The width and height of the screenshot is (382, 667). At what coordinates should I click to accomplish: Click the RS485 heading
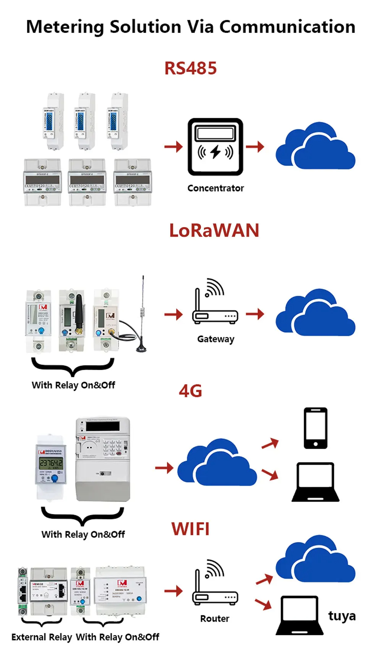[190, 68]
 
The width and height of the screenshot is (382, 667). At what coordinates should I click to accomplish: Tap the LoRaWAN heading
[214, 231]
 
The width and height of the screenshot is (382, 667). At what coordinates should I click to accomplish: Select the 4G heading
[190, 391]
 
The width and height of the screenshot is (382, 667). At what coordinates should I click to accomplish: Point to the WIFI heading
[190, 529]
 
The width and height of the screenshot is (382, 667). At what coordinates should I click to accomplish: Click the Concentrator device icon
[215, 147]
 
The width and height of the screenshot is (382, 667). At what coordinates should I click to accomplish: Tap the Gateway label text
[215, 339]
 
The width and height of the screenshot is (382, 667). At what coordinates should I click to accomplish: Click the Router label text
[215, 619]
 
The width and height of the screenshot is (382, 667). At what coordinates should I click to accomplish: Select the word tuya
[342, 616]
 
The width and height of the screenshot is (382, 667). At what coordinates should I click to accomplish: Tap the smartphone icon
[316, 428]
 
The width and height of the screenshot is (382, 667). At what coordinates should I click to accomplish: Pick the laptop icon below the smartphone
[316, 482]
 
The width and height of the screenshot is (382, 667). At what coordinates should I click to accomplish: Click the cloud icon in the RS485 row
[316, 146]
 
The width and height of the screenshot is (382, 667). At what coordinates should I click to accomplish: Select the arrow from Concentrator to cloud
[255, 146]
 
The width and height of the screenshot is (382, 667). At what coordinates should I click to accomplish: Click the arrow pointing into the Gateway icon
[174, 315]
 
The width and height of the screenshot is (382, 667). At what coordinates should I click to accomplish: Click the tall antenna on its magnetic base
[142, 314]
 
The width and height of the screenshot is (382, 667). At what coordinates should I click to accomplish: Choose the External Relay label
[42, 637]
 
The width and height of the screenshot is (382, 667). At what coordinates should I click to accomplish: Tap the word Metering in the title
[65, 27]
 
